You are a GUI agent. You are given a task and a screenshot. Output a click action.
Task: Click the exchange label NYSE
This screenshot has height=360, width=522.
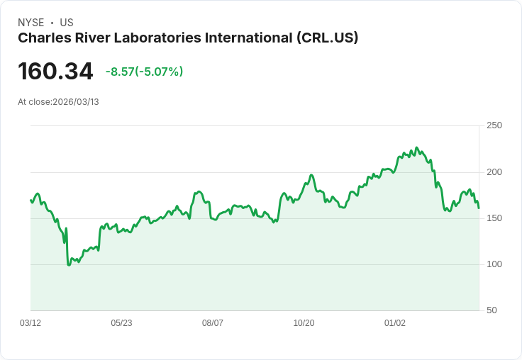[30, 23]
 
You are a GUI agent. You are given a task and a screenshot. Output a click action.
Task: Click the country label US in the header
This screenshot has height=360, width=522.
[67, 23]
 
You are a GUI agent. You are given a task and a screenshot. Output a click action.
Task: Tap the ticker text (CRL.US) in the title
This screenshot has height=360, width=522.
[328, 38]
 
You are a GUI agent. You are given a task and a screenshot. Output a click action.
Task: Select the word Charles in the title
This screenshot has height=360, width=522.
[42, 38]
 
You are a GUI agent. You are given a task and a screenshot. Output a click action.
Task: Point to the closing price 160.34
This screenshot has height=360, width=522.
[55, 72]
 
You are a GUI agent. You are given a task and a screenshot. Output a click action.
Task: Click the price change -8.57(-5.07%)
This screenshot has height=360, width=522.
[144, 72]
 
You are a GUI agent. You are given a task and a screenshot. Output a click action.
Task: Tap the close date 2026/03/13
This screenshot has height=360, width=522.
[76, 102]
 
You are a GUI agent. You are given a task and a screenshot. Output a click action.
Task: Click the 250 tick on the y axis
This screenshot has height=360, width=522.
[494, 125]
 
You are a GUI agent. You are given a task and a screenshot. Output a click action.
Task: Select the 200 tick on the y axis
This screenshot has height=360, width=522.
[494, 172]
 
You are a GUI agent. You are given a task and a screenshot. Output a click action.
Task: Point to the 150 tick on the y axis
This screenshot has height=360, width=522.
[494, 218]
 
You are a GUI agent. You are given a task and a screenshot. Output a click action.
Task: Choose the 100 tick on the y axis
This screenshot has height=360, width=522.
[494, 264]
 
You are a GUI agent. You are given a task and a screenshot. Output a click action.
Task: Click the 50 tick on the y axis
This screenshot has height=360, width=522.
[492, 310]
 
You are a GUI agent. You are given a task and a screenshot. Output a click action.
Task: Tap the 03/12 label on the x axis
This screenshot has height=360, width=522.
[30, 323]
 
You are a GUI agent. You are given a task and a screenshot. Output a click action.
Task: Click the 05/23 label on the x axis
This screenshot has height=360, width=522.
[121, 323]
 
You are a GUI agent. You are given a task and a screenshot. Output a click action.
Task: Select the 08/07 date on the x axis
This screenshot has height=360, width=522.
[213, 323]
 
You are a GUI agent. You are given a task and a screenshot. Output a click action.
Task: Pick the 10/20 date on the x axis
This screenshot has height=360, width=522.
[304, 323]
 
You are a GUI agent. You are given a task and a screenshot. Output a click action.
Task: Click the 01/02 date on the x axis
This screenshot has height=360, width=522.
[395, 323]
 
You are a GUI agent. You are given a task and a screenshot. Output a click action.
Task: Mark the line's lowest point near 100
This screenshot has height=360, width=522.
[69, 264]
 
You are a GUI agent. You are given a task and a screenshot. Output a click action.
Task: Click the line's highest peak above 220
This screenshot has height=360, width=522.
[416, 147]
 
